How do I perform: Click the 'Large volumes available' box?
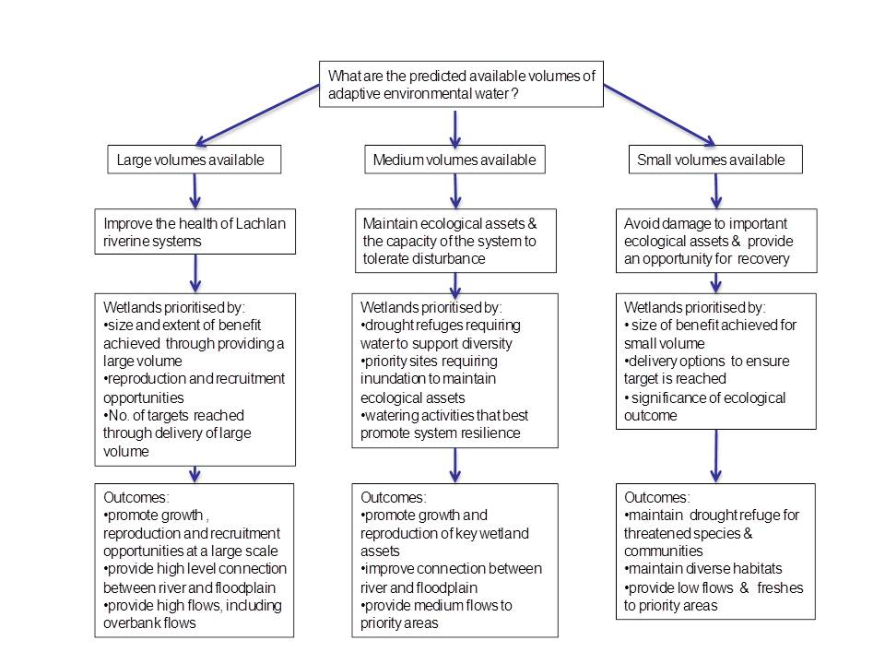(195, 160)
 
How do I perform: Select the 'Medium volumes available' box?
(454, 160)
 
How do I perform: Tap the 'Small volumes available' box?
(715, 160)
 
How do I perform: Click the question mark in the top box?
(514, 94)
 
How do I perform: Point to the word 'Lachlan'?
(260, 223)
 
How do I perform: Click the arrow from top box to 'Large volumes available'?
(257, 115)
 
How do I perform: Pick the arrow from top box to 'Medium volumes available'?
(455, 128)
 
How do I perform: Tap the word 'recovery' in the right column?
(766, 259)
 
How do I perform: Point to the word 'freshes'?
(780, 587)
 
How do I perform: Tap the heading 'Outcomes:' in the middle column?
(394, 497)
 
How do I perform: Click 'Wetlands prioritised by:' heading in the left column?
(174, 308)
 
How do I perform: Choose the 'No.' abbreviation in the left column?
(116, 416)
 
